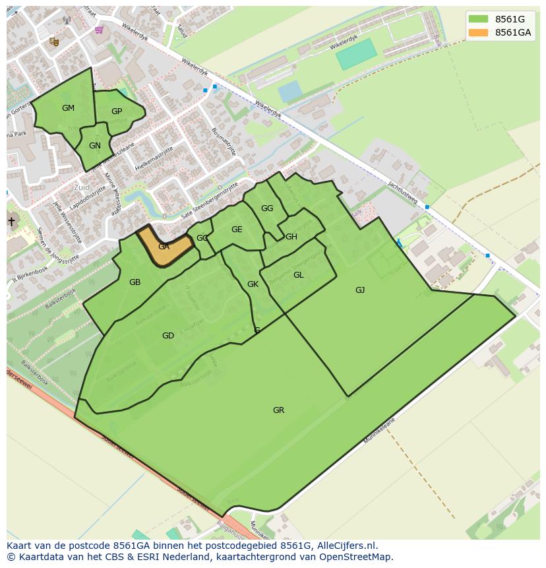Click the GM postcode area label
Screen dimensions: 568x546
tap(68, 108)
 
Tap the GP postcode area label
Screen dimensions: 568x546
tap(117, 111)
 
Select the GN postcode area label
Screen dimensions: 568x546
tap(95, 146)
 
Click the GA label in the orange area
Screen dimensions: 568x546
tap(164, 247)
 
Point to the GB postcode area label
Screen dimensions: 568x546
tap(135, 282)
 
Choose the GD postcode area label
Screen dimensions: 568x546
tap(168, 336)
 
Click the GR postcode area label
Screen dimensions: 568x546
tap(278, 410)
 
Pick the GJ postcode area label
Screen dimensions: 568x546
tap(360, 290)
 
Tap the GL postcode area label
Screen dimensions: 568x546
tap(298, 275)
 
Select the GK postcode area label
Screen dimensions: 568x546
tap(253, 285)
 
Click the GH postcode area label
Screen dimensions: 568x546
tap(291, 237)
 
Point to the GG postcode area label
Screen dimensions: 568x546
tap(266, 208)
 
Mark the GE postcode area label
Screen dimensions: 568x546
tap(237, 230)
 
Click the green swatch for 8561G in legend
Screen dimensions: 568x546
tap(479, 19)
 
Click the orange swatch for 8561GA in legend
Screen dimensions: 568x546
tap(479, 32)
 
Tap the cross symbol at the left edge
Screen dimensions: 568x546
tap(11, 222)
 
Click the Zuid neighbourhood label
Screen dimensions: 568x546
tap(82, 187)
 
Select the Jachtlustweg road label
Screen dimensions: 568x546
tap(404, 193)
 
